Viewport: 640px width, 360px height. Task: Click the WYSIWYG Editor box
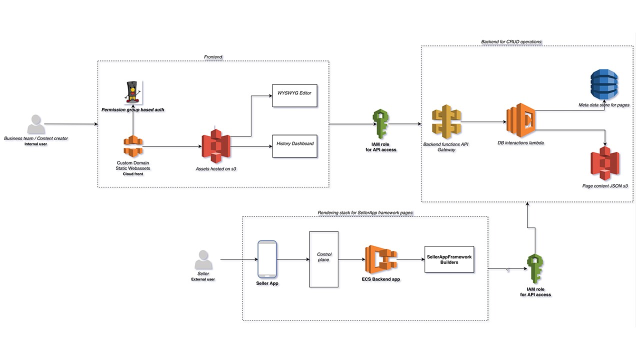tap(294, 95)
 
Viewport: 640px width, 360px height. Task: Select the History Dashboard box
tap(294, 145)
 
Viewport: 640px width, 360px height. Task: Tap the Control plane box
tap(323, 259)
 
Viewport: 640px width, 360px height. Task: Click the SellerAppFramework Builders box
tap(449, 259)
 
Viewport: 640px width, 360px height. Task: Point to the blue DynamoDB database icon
tap(604, 85)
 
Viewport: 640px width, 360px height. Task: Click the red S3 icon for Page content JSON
tap(605, 163)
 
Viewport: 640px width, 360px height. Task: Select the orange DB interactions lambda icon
tap(520, 120)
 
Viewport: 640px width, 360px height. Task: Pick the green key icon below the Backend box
tap(535, 269)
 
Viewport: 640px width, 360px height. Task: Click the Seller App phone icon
tap(267, 259)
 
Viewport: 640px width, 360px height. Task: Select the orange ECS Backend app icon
tap(381, 259)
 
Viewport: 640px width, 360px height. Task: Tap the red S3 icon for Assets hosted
tap(216, 146)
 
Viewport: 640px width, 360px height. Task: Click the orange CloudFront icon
tap(133, 146)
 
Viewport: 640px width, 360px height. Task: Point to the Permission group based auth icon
tap(133, 91)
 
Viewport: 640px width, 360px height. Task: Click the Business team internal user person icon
tap(35, 125)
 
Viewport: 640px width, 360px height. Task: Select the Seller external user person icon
tap(203, 260)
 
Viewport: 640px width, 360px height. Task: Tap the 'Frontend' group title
tap(213, 57)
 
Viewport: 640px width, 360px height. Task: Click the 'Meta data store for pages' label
tap(603, 105)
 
